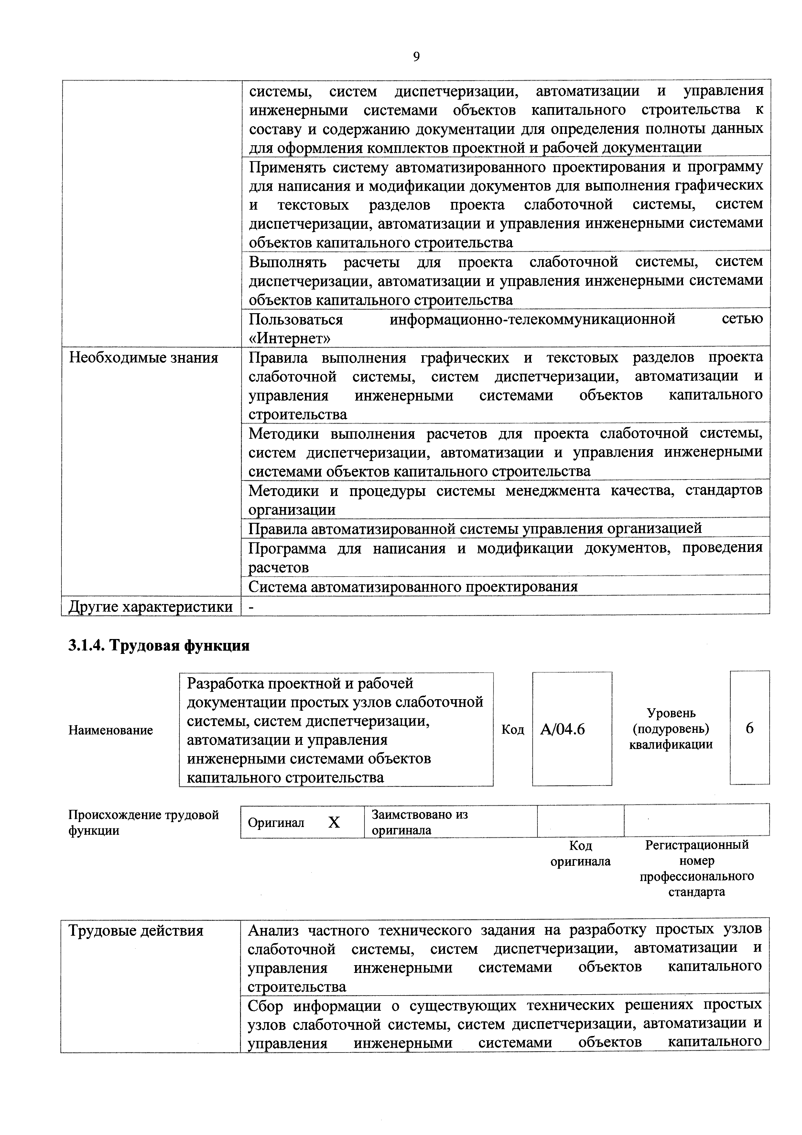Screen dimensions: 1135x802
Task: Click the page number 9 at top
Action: [416, 57]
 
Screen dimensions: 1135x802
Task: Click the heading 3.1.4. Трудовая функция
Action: [158, 645]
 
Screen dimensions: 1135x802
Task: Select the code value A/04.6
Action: [562, 730]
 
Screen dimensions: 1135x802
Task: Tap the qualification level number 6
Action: [749, 728]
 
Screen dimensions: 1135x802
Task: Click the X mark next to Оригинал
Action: [334, 822]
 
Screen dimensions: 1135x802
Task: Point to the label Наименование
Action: [111, 730]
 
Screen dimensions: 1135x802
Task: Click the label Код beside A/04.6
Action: [513, 730]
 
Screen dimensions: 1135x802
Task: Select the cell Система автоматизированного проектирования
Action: [413, 587]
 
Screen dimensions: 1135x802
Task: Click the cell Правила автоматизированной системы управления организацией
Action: [474, 528]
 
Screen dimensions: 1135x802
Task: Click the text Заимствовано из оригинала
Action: [419, 822]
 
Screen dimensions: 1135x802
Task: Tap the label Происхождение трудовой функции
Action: [143, 822]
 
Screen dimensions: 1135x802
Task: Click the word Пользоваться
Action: [296, 319]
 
